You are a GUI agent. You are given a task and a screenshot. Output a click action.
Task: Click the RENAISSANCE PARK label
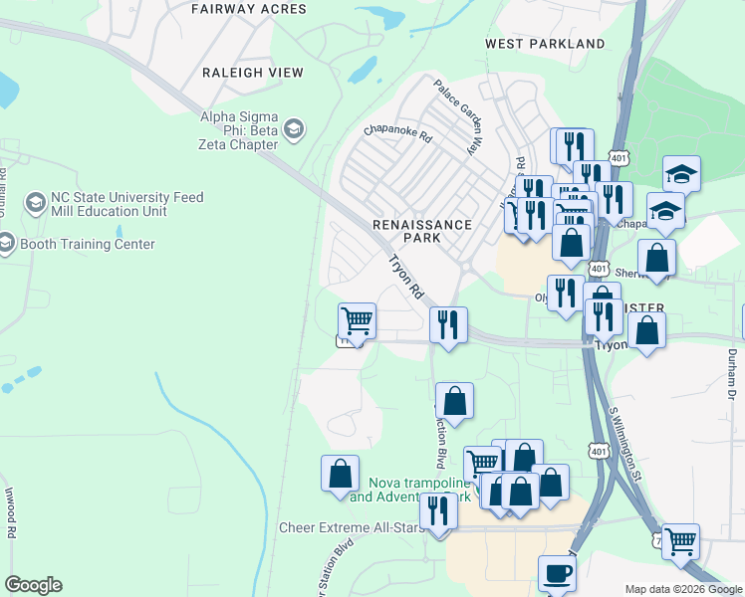tap(421, 231)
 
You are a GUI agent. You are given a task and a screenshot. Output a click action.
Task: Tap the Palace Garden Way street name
tap(455, 116)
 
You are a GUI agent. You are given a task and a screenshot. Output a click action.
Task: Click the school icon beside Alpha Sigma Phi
tap(294, 128)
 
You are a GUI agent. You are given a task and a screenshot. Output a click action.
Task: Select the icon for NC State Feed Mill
tap(35, 204)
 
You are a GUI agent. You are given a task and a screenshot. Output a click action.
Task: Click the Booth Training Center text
tap(88, 244)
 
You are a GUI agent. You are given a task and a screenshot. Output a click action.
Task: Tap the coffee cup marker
tap(557, 573)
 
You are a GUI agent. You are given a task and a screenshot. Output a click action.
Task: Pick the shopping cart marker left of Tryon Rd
tap(357, 320)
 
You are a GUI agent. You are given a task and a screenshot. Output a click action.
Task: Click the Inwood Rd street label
tap(12, 515)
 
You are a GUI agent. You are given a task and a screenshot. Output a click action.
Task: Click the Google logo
tap(33, 585)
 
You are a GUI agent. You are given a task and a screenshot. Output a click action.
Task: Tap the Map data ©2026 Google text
tap(682, 589)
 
